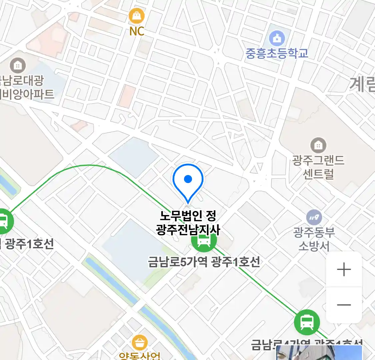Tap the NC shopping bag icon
pos(137,16)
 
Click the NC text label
pos(137,31)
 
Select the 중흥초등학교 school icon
pos(277,38)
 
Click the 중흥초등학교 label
pos(277,53)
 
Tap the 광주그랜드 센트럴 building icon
pos(318,145)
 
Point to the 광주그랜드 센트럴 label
pos(318,167)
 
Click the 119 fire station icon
pos(314,218)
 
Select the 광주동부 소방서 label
pos(314,239)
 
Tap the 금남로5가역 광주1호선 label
pos(204,262)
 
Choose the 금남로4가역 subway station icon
pos(307,322)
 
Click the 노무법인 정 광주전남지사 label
pos(188,222)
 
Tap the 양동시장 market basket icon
pos(140,343)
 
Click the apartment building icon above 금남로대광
pos(18,66)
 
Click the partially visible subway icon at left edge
pos(4,221)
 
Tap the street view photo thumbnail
pos(319,353)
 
